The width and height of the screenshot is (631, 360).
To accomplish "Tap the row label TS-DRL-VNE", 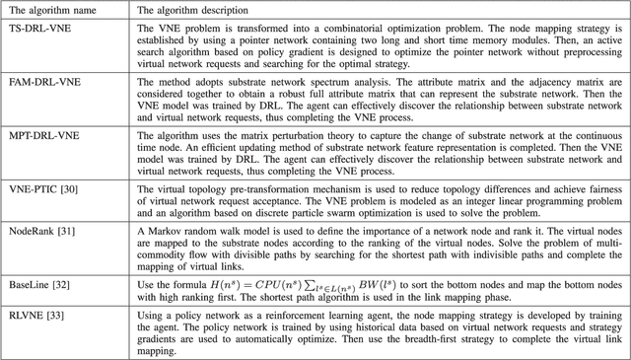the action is [38, 27].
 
